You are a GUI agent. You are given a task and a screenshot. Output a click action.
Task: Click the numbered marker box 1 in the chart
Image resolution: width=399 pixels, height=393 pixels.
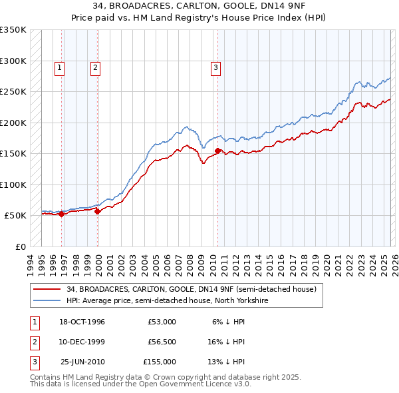tap(60, 67)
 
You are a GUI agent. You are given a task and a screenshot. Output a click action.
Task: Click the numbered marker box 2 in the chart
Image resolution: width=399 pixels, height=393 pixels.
tap(96, 67)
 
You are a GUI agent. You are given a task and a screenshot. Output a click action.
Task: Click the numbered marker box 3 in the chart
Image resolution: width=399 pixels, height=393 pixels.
tap(216, 67)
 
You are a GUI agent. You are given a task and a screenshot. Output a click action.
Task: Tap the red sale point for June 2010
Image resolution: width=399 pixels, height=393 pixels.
tap(217, 151)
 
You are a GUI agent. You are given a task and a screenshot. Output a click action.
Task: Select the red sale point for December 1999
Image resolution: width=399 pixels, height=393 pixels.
tap(97, 212)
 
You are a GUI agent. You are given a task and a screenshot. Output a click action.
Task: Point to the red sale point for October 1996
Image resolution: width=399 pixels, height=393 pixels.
tap(61, 214)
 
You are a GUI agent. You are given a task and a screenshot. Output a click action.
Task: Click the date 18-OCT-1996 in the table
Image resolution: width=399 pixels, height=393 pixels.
tap(82, 321)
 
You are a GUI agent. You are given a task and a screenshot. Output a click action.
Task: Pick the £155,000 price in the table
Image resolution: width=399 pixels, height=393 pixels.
tap(160, 362)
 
